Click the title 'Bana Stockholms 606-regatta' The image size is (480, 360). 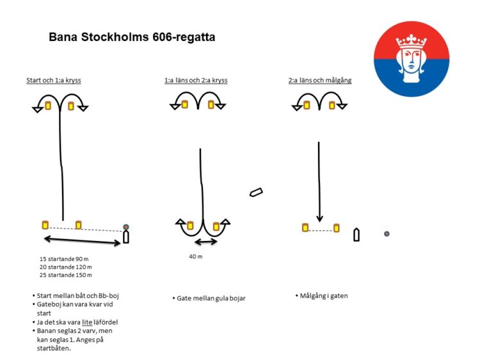(132, 37)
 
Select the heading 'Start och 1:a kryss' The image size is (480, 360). (54, 81)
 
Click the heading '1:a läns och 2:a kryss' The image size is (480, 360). (196, 81)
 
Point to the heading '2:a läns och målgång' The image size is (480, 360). (320, 81)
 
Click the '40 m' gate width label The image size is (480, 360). (196, 256)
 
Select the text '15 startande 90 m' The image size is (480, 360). (64, 259)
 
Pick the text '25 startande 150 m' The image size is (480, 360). (65, 275)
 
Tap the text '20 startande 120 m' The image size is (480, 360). (65, 267)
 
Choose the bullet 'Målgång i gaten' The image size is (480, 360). (322, 296)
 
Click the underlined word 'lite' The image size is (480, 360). (87, 322)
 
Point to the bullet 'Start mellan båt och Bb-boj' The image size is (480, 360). (76, 296)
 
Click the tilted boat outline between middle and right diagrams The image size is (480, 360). (256, 192)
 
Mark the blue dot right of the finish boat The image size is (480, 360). (387, 233)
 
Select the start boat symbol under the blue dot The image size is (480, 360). (126, 237)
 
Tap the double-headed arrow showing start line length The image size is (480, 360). (83, 240)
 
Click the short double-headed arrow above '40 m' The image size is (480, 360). (206, 242)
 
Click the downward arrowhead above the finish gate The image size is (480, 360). (319, 219)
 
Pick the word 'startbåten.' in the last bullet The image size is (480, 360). (54, 348)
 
